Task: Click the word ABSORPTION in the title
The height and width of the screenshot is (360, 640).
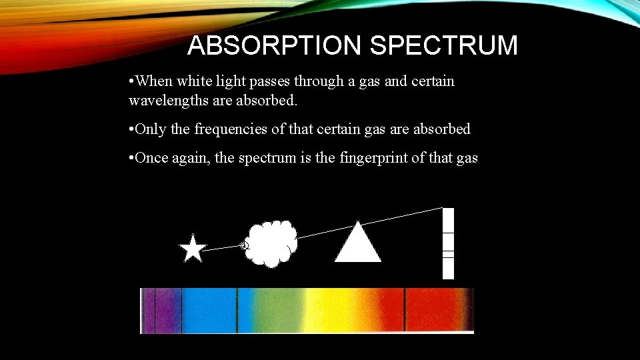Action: tap(274, 46)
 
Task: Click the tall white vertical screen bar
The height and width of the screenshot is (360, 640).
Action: tap(448, 243)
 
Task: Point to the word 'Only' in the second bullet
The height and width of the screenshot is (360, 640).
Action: tap(151, 129)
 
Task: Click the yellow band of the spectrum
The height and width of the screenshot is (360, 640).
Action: tap(333, 310)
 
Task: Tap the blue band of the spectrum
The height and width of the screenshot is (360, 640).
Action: tap(210, 310)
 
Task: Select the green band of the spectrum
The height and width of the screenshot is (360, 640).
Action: tap(270, 310)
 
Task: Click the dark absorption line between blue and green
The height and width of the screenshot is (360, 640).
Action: tap(237, 310)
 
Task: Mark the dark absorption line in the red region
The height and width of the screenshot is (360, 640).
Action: tap(405, 310)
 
